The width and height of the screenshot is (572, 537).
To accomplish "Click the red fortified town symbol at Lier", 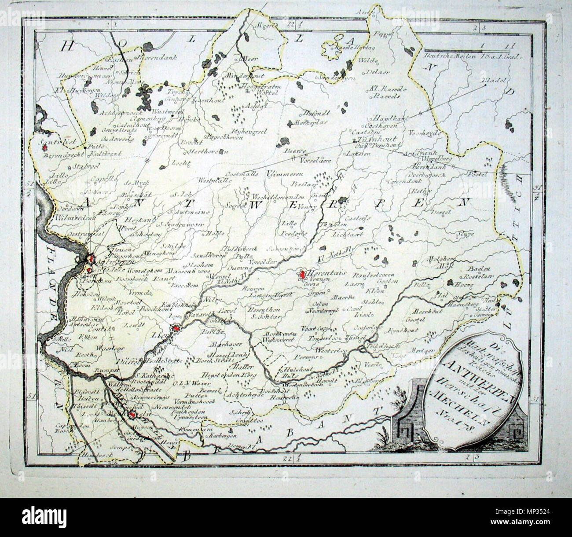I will click(176, 327).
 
